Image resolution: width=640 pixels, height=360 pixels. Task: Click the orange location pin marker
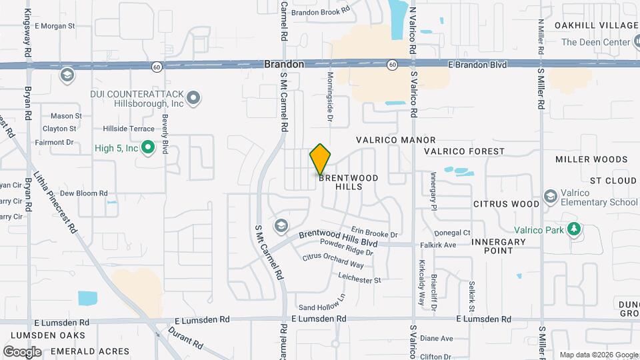click(320, 159)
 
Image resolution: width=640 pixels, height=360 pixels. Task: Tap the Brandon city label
click(284, 65)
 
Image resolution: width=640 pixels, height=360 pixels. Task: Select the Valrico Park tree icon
click(573, 230)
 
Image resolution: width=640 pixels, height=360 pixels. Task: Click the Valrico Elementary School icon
click(551, 196)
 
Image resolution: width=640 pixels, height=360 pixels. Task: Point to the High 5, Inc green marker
click(148, 147)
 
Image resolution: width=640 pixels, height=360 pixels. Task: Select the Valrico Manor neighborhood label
click(395, 141)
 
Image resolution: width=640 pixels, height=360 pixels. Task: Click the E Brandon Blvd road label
click(477, 65)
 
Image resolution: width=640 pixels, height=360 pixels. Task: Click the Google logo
click(22, 351)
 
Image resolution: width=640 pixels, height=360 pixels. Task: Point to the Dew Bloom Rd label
click(83, 193)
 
